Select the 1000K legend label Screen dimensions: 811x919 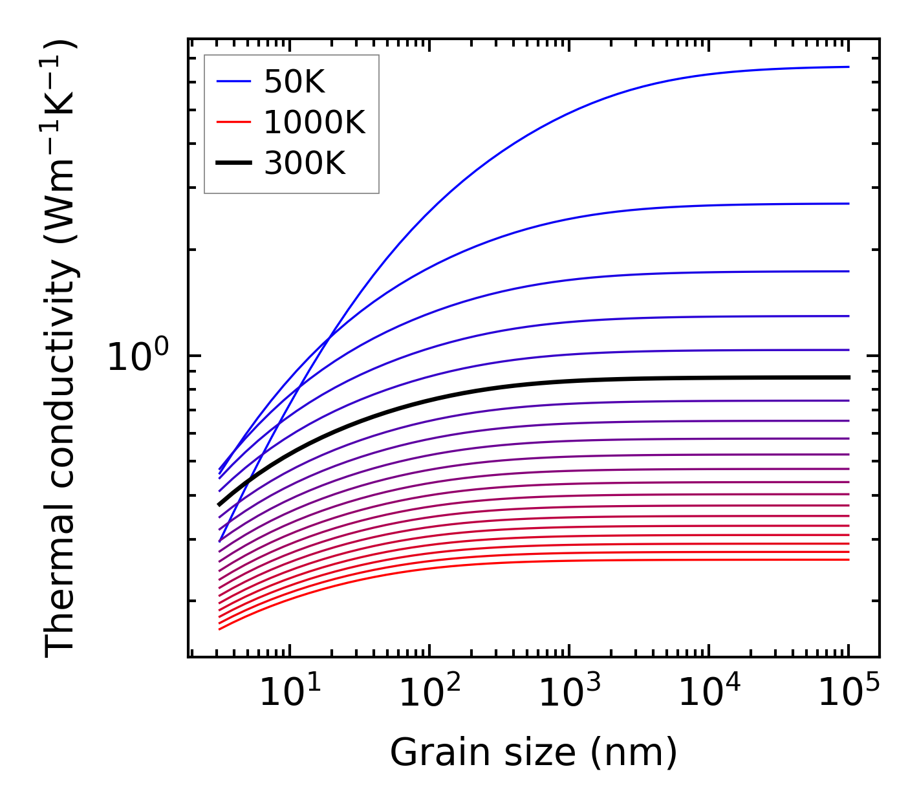pos(314,122)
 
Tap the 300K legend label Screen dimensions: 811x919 pos(305,164)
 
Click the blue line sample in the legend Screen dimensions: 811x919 pos(233,81)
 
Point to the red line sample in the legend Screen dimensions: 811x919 pos(233,122)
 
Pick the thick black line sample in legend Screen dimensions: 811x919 pos(233,164)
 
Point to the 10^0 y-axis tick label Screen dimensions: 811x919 pos(138,357)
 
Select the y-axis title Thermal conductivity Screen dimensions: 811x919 pos(61,349)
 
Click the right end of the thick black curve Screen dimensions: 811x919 pos(848,377)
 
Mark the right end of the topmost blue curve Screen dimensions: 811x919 pos(848,67)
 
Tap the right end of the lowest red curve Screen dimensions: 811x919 pos(848,559)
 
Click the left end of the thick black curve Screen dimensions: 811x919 pos(220,504)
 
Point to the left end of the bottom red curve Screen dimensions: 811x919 pos(220,629)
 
